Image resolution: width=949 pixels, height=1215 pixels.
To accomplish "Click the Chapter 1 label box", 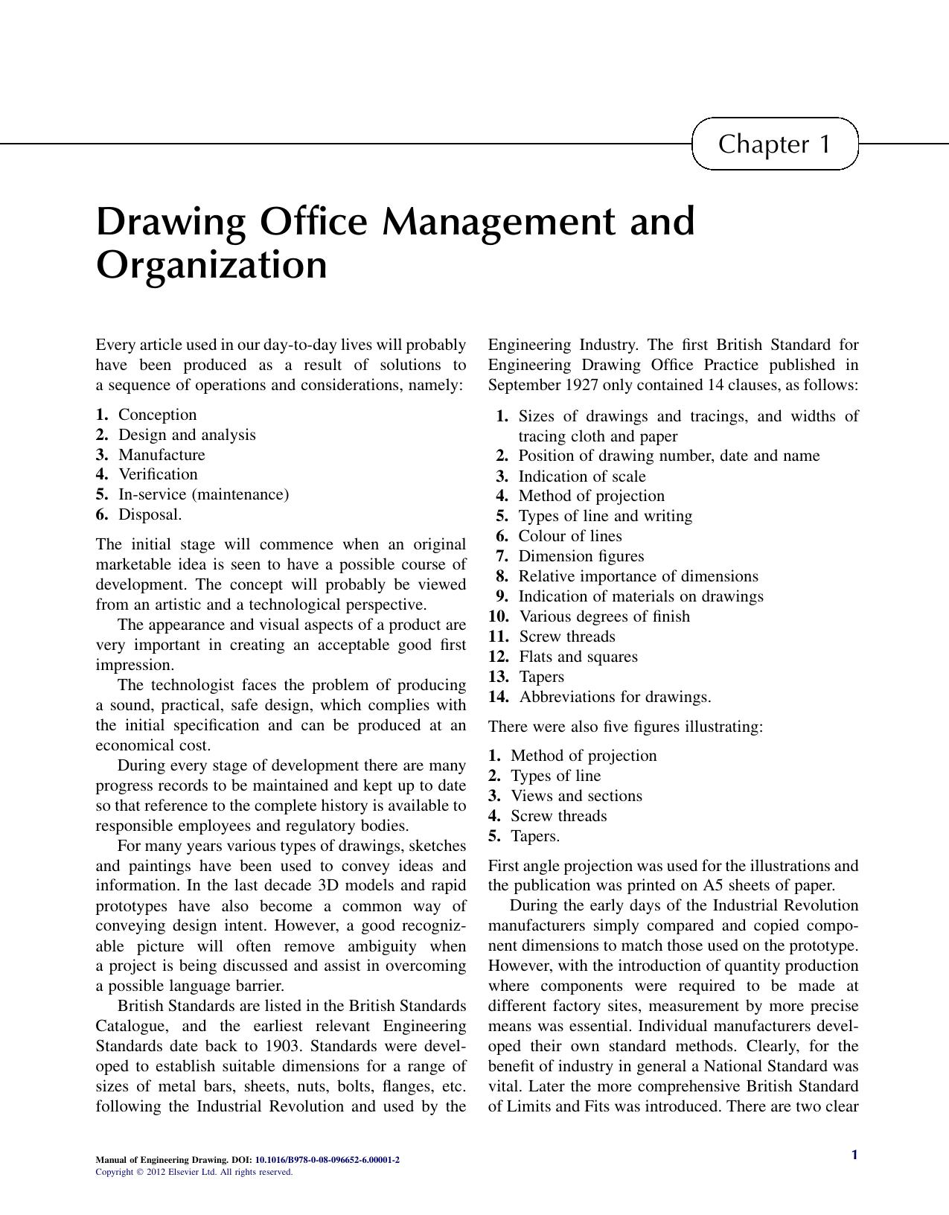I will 774,144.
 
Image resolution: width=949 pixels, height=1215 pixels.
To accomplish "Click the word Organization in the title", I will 211,265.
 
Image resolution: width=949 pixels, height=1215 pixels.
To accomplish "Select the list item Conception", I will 157,415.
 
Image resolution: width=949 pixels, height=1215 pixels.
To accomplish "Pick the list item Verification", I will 158,474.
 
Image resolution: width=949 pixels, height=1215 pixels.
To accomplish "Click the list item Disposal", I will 150,514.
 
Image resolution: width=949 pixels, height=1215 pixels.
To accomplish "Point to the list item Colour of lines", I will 569,536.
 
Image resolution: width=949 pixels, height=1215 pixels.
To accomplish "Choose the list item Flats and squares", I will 578,657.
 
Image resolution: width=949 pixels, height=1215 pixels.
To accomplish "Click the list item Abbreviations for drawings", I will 615,697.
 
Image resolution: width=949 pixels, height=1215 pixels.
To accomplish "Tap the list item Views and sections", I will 575,796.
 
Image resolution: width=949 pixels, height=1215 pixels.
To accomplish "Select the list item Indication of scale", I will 581,476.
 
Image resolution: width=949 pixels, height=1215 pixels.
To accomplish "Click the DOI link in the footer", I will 327,1160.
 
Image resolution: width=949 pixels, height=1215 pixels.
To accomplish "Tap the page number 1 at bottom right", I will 854,1155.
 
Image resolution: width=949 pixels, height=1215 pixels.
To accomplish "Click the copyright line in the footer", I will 194,1172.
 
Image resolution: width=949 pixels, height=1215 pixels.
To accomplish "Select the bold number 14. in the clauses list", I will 499,697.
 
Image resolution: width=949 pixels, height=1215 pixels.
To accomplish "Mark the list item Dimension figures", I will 581,556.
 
